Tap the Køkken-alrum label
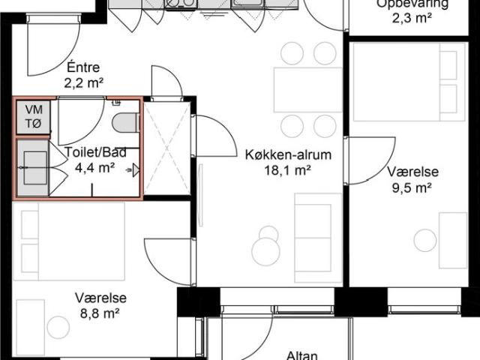click(x=277, y=156)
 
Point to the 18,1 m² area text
click(x=277, y=171)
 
